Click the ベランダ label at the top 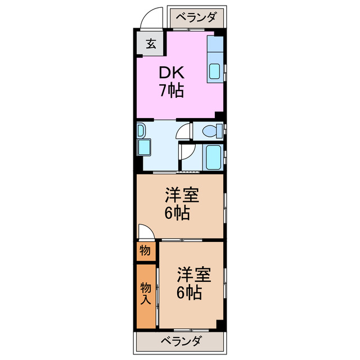[x=196, y=17]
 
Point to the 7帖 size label [x=170, y=91]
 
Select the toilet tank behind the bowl [x=219, y=131]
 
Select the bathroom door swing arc [x=187, y=152]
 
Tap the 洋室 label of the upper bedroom [x=181, y=196]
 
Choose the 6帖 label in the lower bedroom [x=189, y=292]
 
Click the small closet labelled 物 [x=145, y=251]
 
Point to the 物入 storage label [x=145, y=293]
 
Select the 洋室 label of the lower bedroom [x=194, y=275]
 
